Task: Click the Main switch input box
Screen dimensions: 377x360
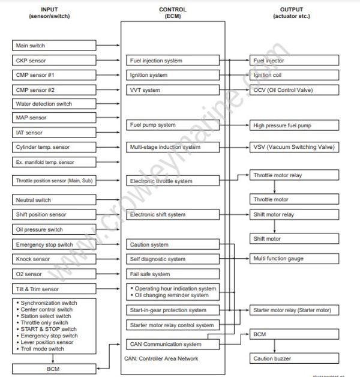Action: click(53, 46)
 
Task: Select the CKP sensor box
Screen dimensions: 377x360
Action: click(53, 61)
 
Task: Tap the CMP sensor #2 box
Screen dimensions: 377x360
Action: click(53, 90)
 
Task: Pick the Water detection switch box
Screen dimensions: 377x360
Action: click(53, 104)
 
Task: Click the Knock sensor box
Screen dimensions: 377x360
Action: click(53, 259)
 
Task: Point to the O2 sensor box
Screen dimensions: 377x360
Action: click(53, 274)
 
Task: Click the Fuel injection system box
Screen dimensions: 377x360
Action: click(172, 61)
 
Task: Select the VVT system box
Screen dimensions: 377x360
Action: click(172, 90)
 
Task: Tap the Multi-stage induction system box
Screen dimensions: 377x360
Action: click(172, 147)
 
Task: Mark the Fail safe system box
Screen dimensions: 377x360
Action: click(172, 274)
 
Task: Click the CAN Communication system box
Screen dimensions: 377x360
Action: click(172, 345)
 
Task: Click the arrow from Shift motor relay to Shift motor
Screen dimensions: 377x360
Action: click(275, 226)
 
